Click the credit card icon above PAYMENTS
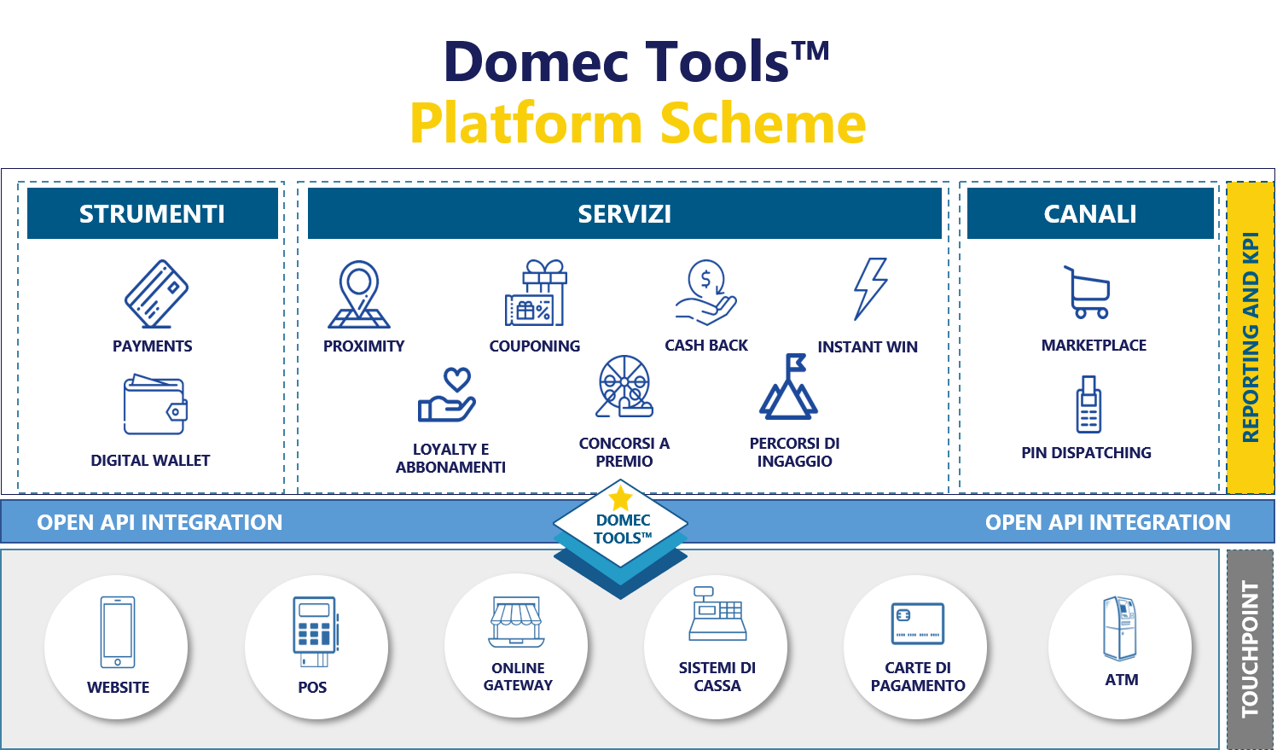pyautogui.click(x=156, y=294)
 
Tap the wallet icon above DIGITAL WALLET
pyautogui.click(x=155, y=404)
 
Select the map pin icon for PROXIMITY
pyautogui.click(x=358, y=294)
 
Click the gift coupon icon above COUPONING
pyautogui.click(x=536, y=293)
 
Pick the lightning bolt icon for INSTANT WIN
pyautogui.click(x=870, y=289)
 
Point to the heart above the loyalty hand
pyautogui.click(x=457, y=380)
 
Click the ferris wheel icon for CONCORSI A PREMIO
pyautogui.click(x=624, y=387)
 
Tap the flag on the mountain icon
pyautogui.click(x=796, y=362)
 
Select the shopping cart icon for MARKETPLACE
pyautogui.click(x=1087, y=292)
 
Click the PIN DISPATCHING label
pyautogui.click(x=1086, y=453)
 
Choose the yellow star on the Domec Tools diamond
pyautogui.click(x=620, y=497)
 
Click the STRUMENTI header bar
pyautogui.click(x=152, y=213)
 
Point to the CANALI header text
pyautogui.click(x=1090, y=214)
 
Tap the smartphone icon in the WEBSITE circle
pyautogui.click(x=118, y=632)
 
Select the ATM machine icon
pyautogui.click(x=1120, y=629)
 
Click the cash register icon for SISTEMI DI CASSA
pyautogui.click(x=717, y=613)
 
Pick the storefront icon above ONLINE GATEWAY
pyautogui.click(x=516, y=622)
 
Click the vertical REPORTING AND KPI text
pyautogui.click(x=1251, y=337)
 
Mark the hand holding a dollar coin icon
pyautogui.click(x=705, y=293)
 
